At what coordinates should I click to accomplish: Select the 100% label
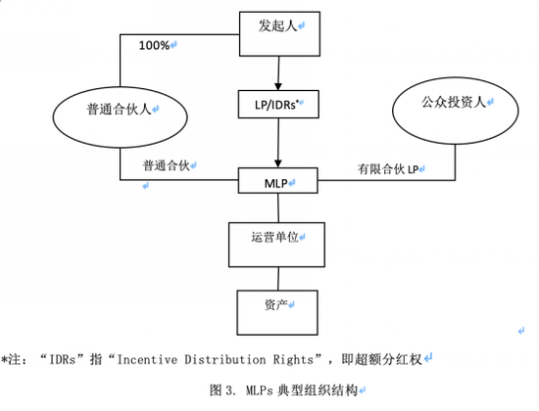(154, 45)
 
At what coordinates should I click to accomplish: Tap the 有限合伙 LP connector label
(388, 169)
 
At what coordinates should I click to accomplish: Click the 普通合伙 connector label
(167, 165)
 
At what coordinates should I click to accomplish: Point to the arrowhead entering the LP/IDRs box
(278, 86)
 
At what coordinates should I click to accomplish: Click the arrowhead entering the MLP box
(278, 163)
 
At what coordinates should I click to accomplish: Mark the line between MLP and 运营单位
(278, 207)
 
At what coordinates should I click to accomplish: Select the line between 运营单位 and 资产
(278, 279)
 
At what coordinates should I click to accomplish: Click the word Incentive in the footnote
(147, 359)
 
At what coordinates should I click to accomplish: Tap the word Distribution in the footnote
(225, 359)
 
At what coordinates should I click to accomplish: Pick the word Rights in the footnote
(293, 360)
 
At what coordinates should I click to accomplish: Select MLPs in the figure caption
(259, 390)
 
